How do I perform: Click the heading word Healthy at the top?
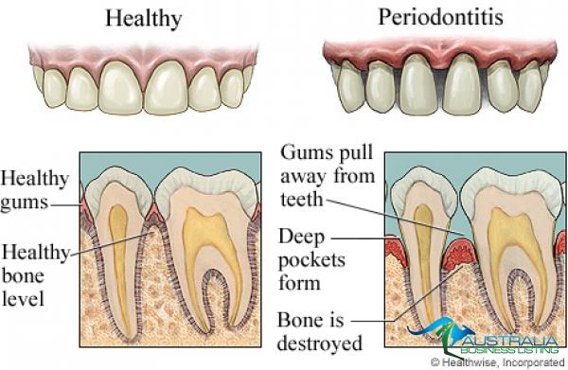(x=144, y=18)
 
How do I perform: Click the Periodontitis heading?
(x=440, y=17)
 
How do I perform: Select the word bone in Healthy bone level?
(x=23, y=276)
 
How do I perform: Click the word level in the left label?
(x=23, y=299)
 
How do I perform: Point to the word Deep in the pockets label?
(x=301, y=238)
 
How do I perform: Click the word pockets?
(x=311, y=260)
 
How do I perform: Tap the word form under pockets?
(x=299, y=283)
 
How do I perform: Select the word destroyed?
(x=320, y=343)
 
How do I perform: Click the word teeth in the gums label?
(x=301, y=199)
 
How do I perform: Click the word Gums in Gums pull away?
(x=304, y=153)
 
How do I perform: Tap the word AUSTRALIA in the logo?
(x=510, y=342)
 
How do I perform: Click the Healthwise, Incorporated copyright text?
(x=498, y=362)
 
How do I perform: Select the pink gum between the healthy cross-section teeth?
(x=154, y=214)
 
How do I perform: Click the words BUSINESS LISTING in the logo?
(x=509, y=350)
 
